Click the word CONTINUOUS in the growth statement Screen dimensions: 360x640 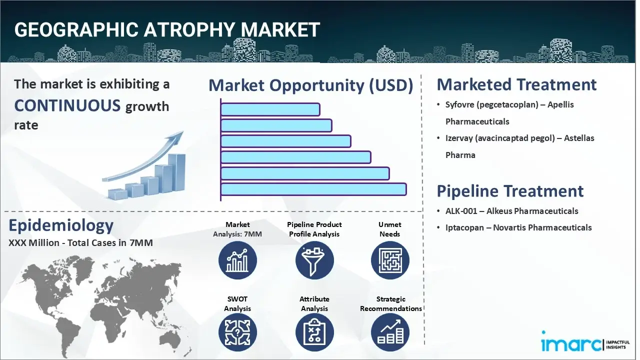coord(67,105)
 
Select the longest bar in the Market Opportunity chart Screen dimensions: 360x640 coord(313,189)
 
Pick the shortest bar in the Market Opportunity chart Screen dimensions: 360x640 coord(270,109)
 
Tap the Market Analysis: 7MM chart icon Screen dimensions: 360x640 coord(237,260)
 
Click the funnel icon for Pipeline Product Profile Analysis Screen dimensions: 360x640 coord(314,260)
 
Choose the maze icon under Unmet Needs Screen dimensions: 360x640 coord(390,260)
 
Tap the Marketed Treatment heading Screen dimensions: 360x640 coord(516,84)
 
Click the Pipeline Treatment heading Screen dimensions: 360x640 coord(510,191)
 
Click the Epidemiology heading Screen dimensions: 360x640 coord(61,225)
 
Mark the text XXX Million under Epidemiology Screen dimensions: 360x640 coord(35,243)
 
